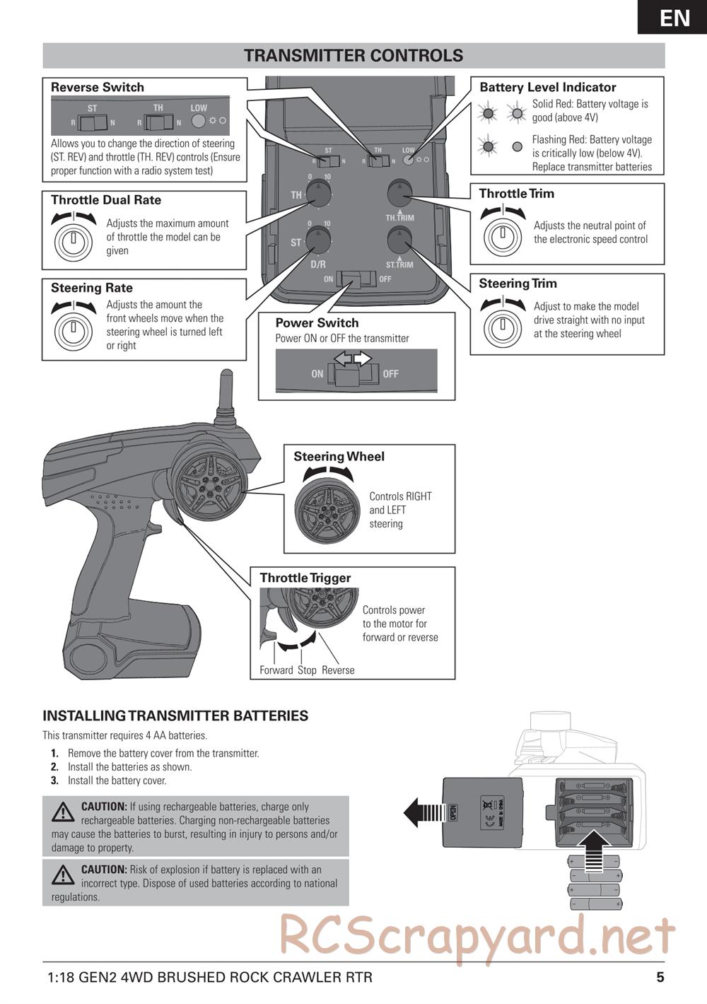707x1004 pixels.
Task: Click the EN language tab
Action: [674, 17]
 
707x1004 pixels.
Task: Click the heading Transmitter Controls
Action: [353, 56]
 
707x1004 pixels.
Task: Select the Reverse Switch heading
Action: [98, 88]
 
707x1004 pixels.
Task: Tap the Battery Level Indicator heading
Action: [548, 88]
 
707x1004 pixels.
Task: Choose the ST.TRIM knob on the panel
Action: [399, 241]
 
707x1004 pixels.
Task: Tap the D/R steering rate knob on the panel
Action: [319, 242]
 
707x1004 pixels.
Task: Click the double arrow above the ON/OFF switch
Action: [353, 360]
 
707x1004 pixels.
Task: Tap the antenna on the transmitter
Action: [226, 396]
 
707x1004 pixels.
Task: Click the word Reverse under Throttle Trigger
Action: [338, 670]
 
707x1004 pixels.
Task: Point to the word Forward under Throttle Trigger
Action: [276, 670]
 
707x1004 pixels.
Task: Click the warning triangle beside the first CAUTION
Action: [63, 812]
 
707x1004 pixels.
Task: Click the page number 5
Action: [660, 977]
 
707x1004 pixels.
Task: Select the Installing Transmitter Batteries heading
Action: [175, 716]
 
